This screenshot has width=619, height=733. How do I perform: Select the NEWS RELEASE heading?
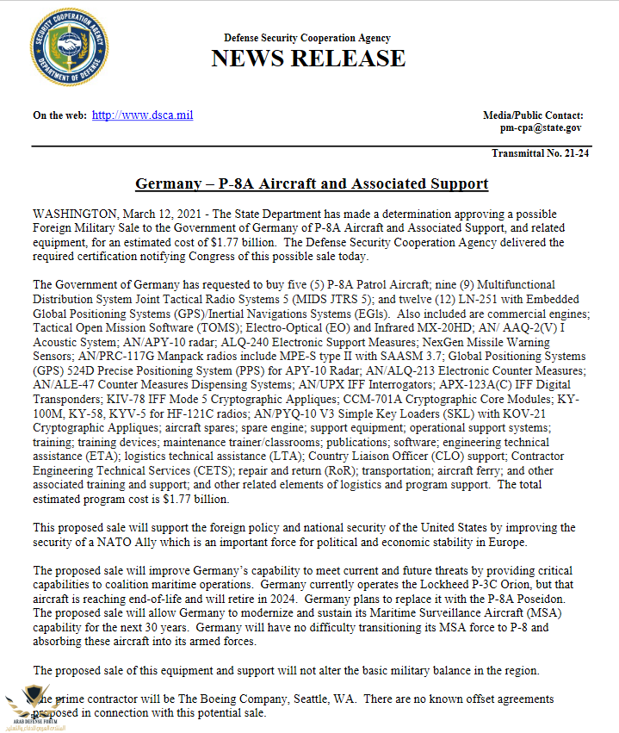point(307,59)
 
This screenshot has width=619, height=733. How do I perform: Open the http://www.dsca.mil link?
point(142,115)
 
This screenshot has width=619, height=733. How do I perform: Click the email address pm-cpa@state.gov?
point(541,127)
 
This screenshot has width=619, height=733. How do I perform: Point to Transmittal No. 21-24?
point(540,153)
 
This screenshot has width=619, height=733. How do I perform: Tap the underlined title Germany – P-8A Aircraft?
point(312,184)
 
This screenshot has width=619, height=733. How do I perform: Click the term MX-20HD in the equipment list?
point(439,328)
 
